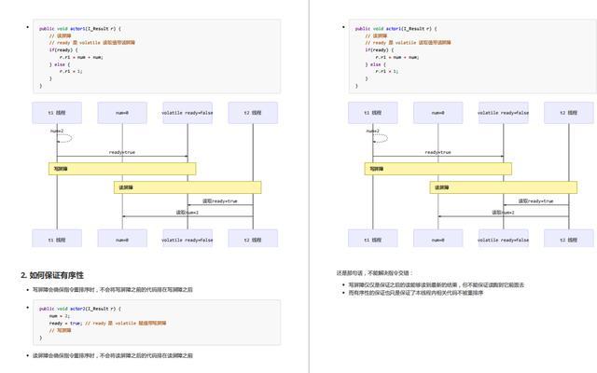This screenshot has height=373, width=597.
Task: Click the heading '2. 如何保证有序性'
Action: tap(52, 275)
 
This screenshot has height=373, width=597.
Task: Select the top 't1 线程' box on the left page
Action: tap(57, 113)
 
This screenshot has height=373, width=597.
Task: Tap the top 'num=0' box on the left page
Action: tap(122, 113)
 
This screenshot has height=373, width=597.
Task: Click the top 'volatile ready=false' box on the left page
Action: tap(187, 113)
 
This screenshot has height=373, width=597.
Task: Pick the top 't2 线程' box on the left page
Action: tap(253, 113)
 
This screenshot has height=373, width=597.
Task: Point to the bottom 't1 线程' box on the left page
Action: tap(57, 239)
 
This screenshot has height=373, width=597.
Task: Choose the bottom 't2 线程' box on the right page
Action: tap(568, 239)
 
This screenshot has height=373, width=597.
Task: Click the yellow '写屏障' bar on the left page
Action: tap(122, 169)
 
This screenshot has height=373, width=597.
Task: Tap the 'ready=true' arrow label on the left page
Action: tap(122, 152)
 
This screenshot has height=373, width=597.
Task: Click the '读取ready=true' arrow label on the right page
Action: tap(535, 200)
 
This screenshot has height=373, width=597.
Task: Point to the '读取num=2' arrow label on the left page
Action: tap(187, 213)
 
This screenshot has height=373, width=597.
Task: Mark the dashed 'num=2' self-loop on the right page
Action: tap(375, 136)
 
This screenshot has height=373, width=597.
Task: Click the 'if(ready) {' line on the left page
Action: tap(65, 49)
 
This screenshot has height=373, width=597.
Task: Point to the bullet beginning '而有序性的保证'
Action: tap(416, 293)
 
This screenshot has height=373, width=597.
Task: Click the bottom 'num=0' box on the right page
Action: tap(437, 239)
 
